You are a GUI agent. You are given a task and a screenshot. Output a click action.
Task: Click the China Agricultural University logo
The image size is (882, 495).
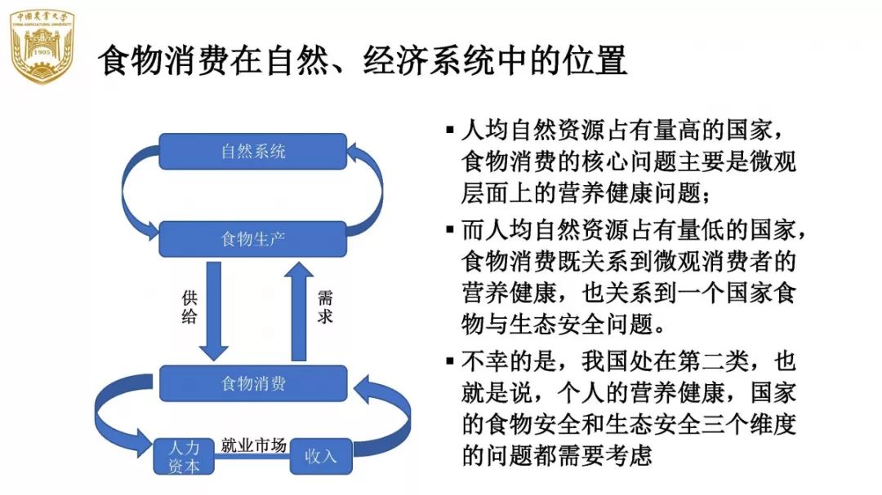click(42, 47)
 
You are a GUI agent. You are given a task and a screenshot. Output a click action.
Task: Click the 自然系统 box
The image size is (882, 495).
click(253, 151)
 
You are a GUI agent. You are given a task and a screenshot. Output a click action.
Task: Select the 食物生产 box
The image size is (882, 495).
click(253, 239)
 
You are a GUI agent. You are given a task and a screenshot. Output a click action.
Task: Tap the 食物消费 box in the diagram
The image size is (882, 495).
click(253, 383)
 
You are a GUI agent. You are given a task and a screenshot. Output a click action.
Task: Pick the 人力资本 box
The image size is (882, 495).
click(183, 457)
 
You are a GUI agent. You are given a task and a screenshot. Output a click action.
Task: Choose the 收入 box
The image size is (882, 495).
click(320, 456)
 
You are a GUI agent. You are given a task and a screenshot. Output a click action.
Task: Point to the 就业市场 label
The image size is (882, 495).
click(253, 445)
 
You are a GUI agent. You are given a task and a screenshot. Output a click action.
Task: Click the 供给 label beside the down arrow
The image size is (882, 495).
click(189, 308)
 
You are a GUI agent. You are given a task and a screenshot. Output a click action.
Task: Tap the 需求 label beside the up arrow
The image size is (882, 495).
click(325, 308)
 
